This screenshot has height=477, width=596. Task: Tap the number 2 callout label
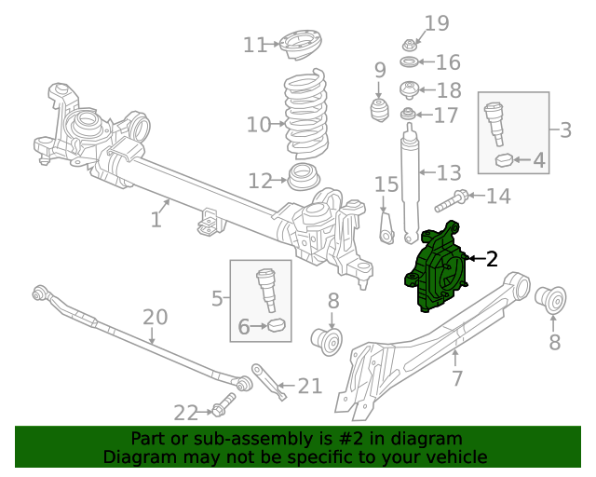point(492,259)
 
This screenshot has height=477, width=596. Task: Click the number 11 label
point(254,44)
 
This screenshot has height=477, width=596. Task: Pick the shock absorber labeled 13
point(410,182)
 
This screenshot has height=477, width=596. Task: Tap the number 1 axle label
point(156,220)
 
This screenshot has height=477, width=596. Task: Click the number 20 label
point(156,317)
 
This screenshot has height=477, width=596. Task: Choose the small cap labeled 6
point(275,326)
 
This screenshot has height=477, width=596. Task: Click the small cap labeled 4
point(505,159)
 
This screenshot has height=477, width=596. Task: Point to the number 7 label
point(456,378)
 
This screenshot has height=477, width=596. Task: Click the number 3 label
point(565,129)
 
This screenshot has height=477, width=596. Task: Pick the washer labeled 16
point(408,63)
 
